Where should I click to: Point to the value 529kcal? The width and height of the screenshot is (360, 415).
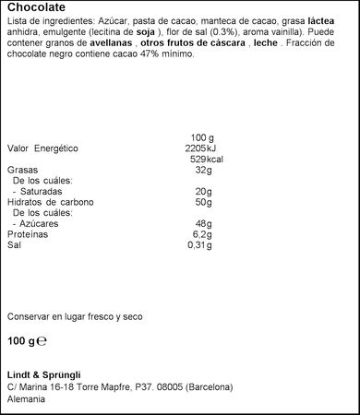pos(207,159)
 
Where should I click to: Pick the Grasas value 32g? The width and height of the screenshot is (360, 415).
pos(204,170)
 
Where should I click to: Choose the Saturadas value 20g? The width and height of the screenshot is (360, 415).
pos(204,191)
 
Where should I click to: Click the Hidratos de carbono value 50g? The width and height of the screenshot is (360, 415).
pos(204,202)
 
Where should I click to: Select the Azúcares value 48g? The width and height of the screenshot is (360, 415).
pos(204,223)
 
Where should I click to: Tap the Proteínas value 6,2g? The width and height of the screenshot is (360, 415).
pos(203,234)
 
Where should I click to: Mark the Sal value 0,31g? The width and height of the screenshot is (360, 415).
pos(199,245)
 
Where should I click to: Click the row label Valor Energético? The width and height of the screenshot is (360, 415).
pos(42,148)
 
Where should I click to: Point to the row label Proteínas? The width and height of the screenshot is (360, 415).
pos(29,234)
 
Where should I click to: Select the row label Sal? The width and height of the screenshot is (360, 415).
pos(14,245)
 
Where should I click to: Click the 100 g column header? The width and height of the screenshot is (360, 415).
pos(201,136)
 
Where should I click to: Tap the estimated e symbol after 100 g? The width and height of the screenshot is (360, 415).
pos(41,340)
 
